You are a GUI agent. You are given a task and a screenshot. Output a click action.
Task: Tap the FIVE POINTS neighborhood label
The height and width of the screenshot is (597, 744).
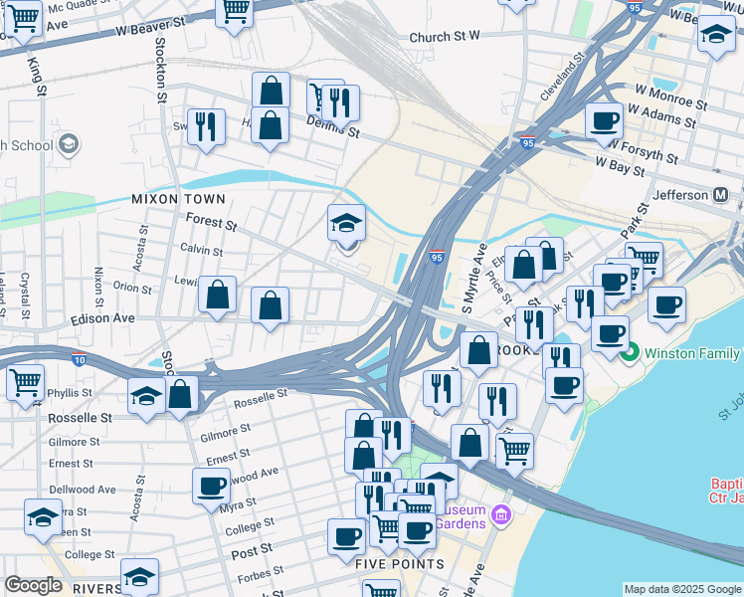[x=400, y=564]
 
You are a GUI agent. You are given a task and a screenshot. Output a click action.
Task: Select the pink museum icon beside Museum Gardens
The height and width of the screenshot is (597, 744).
[x=501, y=516]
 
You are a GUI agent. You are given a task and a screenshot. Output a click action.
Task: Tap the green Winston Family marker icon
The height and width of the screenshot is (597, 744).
[x=629, y=352]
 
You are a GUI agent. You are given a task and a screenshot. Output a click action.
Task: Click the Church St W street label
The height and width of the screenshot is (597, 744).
[x=445, y=37]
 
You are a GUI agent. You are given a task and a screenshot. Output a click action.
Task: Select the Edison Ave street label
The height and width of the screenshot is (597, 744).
[x=101, y=318]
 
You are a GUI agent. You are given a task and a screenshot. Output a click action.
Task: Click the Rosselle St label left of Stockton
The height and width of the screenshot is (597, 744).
[x=80, y=418]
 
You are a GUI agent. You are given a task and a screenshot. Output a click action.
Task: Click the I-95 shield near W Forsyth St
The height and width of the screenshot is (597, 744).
[x=527, y=142]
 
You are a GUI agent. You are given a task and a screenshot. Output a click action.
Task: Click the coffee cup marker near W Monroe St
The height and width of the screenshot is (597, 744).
[x=604, y=121]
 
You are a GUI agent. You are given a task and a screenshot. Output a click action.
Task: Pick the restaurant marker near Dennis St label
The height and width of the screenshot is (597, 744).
[x=340, y=101]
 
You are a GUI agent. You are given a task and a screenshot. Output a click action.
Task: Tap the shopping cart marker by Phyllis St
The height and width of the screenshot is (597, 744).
[x=25, y=381]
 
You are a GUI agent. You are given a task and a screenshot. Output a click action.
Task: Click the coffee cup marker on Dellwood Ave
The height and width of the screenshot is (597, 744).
[x=211, y=486]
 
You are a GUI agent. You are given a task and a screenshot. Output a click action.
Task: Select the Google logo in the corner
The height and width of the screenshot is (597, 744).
[x=33, y=585]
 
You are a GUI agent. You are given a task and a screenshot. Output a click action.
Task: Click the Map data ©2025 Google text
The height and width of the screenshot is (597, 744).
[x=681, y=589]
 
